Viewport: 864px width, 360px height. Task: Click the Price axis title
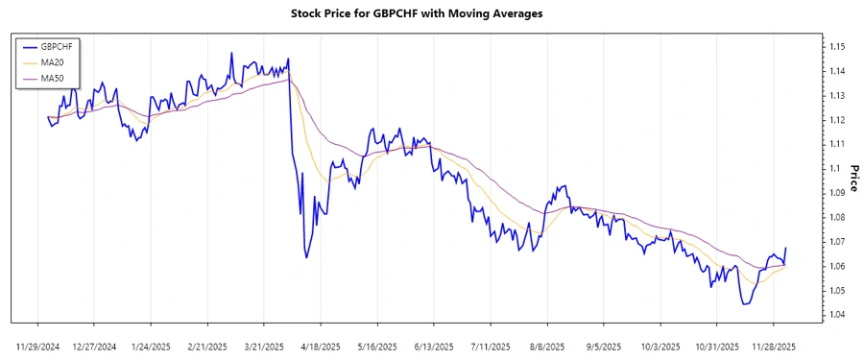tap(852, 180)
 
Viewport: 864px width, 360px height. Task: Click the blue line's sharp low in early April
tap(306, 257)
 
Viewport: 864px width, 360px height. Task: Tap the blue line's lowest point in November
tap(744, 304)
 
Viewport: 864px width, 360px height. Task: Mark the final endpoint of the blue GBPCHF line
tap(786, 248)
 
